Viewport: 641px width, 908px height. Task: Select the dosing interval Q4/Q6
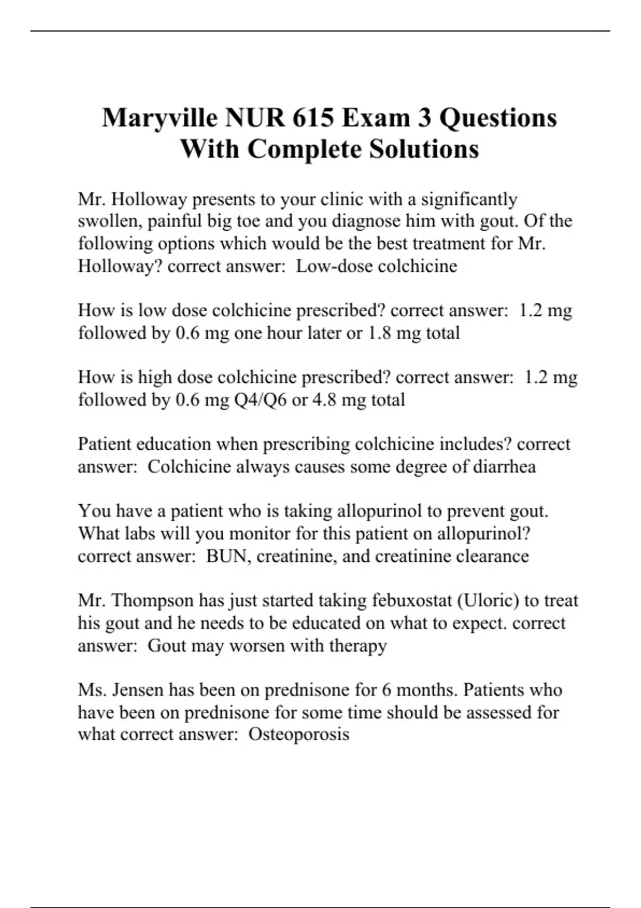tap(260, 400)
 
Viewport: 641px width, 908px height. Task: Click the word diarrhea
tap(502, 467)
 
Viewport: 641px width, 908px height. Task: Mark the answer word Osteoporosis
tap(299, 734)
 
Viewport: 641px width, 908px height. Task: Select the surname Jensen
tap(137, 690)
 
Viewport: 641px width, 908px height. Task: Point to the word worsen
tap(257, 646)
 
